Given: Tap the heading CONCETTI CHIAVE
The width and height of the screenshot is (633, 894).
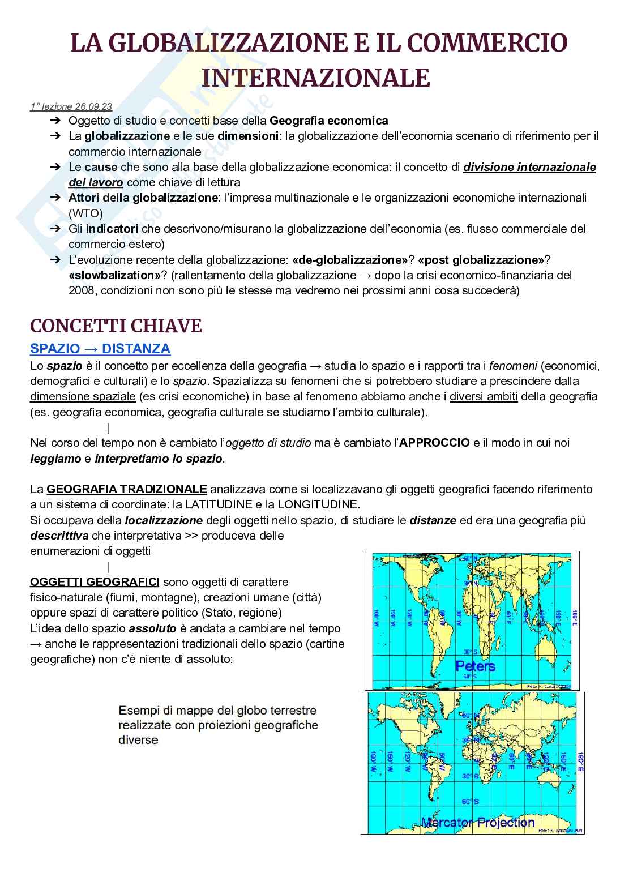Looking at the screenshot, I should (116, 326).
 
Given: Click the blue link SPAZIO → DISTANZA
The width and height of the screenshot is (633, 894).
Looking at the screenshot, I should (100, 349).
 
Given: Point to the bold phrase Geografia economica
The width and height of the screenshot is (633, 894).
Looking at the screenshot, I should (329, 121).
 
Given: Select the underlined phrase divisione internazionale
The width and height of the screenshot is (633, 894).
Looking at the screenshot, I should (529, 167).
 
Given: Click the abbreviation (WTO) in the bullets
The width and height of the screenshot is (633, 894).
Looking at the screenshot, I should (85, 213).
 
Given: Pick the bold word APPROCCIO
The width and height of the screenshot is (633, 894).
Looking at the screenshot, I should (434, 443).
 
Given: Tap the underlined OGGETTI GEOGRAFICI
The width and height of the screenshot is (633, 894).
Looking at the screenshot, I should (94, 582).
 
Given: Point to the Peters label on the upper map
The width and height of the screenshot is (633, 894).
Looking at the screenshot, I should (475, 666).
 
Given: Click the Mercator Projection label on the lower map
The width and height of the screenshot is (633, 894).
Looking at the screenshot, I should (477, 823).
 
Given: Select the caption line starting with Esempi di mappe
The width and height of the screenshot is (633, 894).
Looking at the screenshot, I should (217, 710).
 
